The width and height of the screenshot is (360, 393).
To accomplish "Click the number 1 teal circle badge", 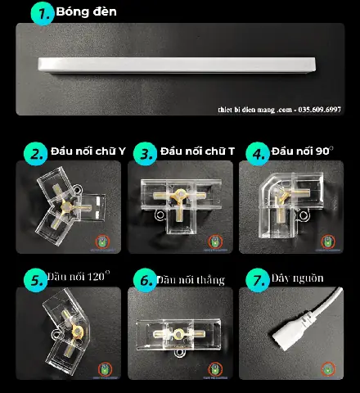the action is pos(43,14).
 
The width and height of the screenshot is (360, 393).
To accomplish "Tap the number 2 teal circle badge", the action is pos(35,154).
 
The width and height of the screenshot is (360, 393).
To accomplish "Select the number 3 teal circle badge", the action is pos(145,154).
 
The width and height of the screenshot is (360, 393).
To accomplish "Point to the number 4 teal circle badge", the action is pos(258,154).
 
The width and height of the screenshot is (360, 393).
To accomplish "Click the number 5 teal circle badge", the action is pos(35,280).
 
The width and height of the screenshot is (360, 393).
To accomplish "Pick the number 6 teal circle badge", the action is pos(145,280).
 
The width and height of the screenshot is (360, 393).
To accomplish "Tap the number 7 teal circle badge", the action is pos(258,280).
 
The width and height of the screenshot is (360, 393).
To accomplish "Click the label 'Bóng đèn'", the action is pos(86,11).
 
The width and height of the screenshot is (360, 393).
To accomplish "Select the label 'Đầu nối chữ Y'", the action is pos(88,151).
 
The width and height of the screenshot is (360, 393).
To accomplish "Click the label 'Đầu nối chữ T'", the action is pos(197,151).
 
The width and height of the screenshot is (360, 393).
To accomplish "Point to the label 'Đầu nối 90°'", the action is pos(303,151).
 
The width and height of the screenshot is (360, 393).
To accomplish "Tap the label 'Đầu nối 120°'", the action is pos(79,276).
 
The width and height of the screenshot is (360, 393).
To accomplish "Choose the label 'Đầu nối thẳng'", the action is pos(191,280).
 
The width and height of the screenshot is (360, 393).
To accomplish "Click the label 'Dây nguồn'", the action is pos(297,278).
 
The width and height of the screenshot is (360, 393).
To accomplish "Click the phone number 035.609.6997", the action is pos(319,110).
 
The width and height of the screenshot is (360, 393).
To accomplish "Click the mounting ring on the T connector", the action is pos(160,215).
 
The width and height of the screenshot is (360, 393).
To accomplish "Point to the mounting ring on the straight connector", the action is pos(179,354).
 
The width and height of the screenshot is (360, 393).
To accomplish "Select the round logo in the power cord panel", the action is pos(327,369).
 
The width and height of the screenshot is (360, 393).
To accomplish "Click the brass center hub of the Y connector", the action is pos(66,207).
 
